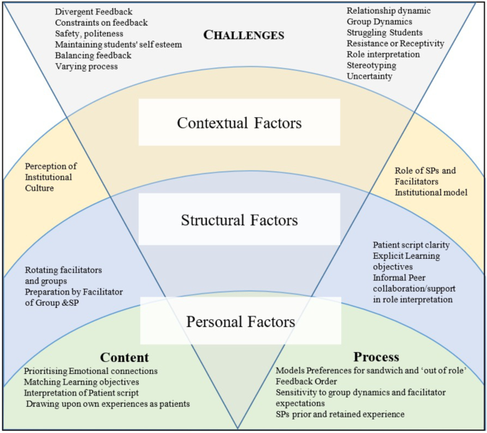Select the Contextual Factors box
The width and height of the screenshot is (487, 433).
click(239, 123)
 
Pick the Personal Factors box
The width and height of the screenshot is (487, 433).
click(240, 321)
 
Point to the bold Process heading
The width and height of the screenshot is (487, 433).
click(375, 357)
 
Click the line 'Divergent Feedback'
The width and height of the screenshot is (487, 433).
click(93, 11)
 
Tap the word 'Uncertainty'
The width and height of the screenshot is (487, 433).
click(370, 76)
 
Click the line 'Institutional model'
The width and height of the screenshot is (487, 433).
click(431, 192)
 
